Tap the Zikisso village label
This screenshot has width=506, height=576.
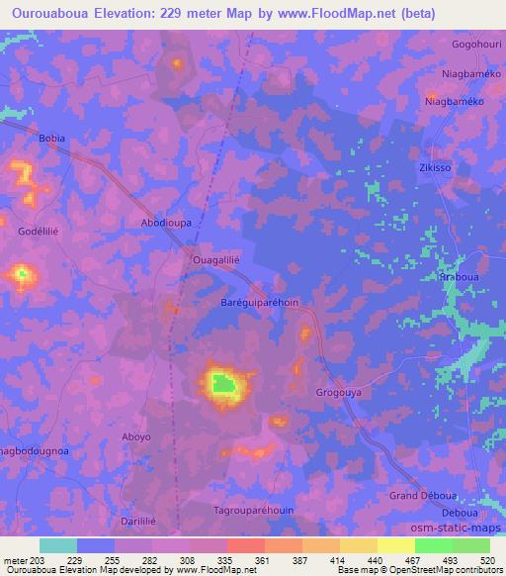click(435, 168)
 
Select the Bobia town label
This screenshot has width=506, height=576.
click(51, 139)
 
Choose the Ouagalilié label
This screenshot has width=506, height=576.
click(216, 259)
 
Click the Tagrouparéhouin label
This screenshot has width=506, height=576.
click(254, 511)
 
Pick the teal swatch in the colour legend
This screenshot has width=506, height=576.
click(58, 545)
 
